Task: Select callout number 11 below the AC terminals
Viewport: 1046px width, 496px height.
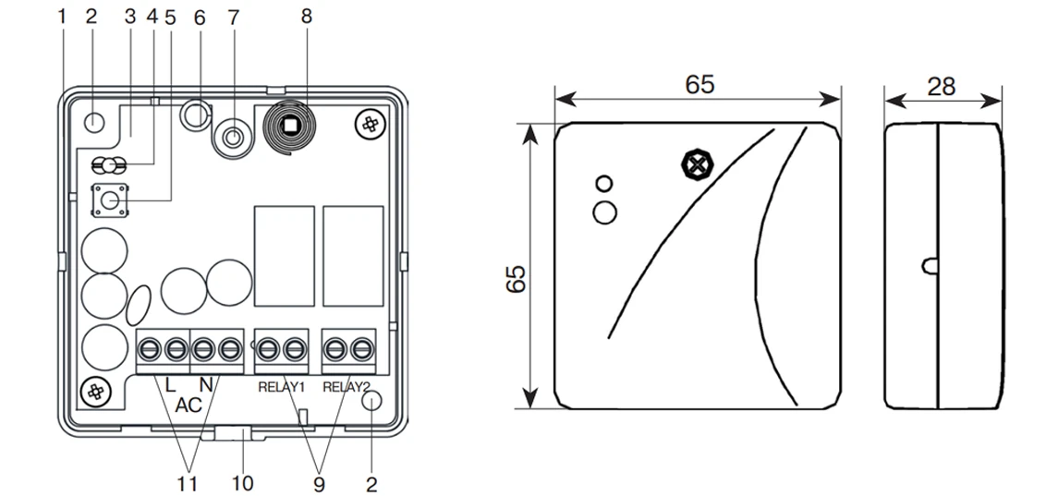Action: [x=189, y=482]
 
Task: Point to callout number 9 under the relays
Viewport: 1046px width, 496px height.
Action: [x=319, y=482]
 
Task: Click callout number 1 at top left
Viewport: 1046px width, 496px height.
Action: [x=62, y=16]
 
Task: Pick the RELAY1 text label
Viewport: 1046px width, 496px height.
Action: [x=281, y=388]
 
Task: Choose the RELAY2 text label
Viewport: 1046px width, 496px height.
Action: [x=347, y=388]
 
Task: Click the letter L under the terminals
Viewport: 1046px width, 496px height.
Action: [x=169, y=382]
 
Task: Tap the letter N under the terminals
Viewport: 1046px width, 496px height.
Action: [x=207, y=382]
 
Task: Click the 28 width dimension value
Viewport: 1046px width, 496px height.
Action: [x=941, y=86]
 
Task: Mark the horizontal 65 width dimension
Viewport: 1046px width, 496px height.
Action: [x=699, y=84]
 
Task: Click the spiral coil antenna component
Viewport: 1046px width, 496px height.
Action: [x=290, y=126]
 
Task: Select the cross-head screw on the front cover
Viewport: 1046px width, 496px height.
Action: [x=695, y=165]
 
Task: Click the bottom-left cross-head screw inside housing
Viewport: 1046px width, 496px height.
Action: [x=95, y=391]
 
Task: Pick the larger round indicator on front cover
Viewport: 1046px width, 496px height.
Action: [x=605, y=212]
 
